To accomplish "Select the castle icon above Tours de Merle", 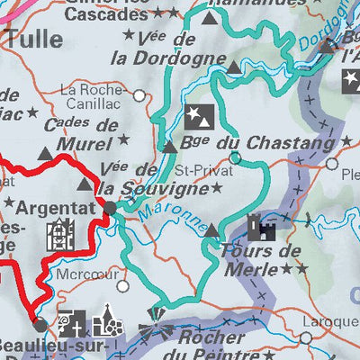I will pos(256,224).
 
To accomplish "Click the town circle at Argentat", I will pos(110,208).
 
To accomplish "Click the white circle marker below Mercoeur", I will pos(123,286).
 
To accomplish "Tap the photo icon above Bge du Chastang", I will pos(196,115).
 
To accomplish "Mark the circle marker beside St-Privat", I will pos(236,158).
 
